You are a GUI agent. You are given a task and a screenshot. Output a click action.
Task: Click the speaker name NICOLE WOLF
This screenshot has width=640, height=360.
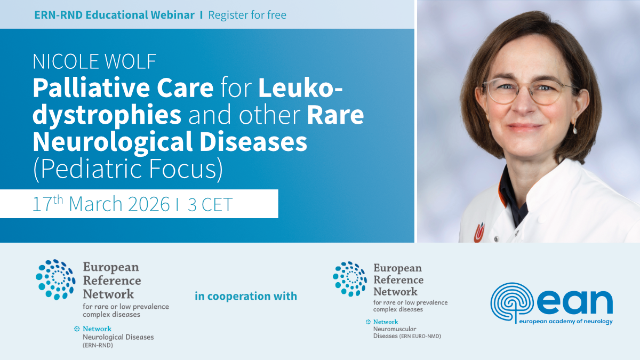(x=94, y=61)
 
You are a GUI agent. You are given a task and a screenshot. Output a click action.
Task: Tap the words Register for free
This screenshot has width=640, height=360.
(x=247, y=15)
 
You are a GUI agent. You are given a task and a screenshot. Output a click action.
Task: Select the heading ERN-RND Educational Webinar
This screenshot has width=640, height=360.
(x=114, y=15)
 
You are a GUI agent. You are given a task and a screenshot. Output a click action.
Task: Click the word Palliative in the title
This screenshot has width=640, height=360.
(x=94, y=88)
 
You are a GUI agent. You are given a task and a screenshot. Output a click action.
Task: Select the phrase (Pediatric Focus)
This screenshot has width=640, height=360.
(x=127, y=169)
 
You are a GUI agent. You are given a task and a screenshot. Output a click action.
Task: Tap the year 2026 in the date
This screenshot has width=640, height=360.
(x=149, y=204)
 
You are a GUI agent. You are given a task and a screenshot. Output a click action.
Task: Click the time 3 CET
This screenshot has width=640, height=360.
(x=210, y=204)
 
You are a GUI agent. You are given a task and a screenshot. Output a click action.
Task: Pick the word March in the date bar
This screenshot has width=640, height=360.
(x=95, y=204)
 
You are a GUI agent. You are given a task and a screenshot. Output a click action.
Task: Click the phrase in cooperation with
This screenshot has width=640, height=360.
(x=246, y=296)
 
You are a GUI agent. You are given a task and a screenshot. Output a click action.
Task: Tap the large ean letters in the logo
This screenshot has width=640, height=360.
(x=575, y=302)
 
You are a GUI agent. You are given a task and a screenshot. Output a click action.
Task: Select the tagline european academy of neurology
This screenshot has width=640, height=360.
(x=566, y=322)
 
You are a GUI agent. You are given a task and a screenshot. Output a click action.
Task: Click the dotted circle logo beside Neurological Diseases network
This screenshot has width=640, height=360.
(x=55, y=279)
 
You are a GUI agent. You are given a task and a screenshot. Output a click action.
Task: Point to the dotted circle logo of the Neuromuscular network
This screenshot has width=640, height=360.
(x=350, y=279)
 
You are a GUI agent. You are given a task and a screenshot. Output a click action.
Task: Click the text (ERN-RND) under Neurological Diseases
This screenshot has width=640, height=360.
(x=98, y=346)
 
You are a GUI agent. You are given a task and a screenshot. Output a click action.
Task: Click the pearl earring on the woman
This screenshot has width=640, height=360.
(x=575, y=131)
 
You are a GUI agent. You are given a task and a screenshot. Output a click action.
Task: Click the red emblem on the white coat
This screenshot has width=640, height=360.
(x=479, y=233)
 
